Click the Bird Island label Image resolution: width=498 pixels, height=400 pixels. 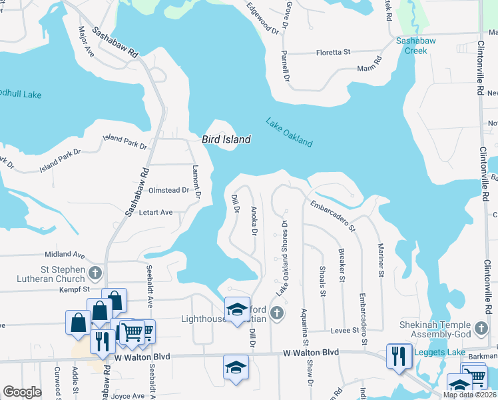[226, 140]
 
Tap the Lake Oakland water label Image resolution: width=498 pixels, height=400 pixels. [289, 132]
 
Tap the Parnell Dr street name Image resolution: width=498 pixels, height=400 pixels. [285, 65]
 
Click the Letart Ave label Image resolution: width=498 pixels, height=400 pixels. [155, 213]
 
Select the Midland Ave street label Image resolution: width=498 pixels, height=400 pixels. [65, 255]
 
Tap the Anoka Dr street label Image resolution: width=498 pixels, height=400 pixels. [254, 221]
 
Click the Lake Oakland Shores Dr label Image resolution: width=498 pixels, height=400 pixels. [282, 259]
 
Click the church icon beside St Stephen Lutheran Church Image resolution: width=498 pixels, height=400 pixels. [95, 272]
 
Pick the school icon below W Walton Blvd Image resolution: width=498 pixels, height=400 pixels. [236, 368]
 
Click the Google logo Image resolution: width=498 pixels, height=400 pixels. [22, 392]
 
